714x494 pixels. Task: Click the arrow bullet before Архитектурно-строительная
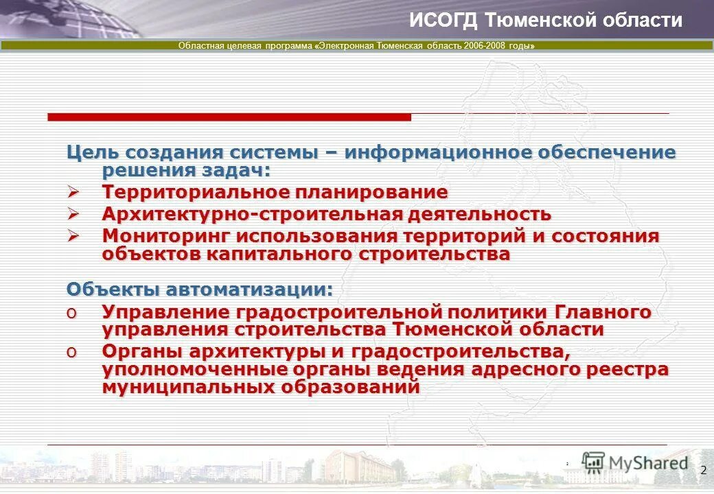[x=73, y=213]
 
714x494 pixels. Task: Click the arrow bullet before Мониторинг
[x=73, y=235]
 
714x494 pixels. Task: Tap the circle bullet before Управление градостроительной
[x=71, y=313]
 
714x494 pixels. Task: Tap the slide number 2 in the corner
[x=703, y=470]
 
